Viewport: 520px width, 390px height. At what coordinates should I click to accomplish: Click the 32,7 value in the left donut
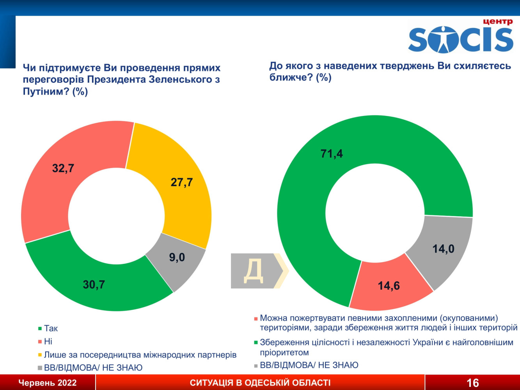pos(63,168)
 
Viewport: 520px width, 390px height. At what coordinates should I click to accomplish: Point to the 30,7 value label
pos(94,285)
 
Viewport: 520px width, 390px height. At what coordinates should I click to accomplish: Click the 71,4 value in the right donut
pos(332,154)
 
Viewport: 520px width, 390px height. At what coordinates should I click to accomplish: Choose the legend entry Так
pos(51,328)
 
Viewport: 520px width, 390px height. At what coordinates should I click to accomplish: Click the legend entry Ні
pos(48,342)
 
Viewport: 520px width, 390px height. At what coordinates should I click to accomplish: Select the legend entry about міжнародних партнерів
pos(140,355)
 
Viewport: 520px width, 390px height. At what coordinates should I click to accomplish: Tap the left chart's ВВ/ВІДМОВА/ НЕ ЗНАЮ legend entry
pos(93,368)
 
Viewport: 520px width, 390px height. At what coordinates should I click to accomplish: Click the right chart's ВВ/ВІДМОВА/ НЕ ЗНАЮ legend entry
pos(309,365)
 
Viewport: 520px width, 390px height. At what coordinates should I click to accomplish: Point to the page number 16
pos(473,383)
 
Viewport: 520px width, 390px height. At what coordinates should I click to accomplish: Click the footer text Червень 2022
pos(48,383)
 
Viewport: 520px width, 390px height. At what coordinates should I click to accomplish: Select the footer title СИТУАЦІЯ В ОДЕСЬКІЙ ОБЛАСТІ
pos(260,383)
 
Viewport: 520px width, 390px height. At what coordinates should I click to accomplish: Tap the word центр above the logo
pos(498,21)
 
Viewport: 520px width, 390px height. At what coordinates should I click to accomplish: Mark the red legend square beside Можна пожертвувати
pos(256,319)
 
